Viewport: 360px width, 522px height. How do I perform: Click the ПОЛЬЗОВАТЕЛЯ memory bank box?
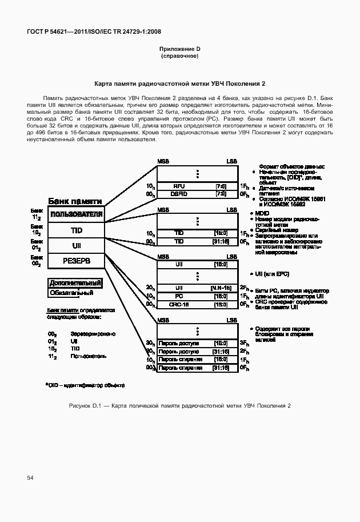[76, 215]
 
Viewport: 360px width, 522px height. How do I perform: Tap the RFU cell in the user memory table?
[179, 186]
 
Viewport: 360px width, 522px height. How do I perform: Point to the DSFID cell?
[179, 194]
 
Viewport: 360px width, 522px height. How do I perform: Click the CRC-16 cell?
[179, 305]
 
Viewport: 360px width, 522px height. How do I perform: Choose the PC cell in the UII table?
[179, 297]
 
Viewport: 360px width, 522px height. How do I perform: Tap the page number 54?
[30, 476]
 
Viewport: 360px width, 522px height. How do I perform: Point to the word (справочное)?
[179, 57]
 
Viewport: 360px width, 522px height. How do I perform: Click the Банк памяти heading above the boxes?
[75, 201]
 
